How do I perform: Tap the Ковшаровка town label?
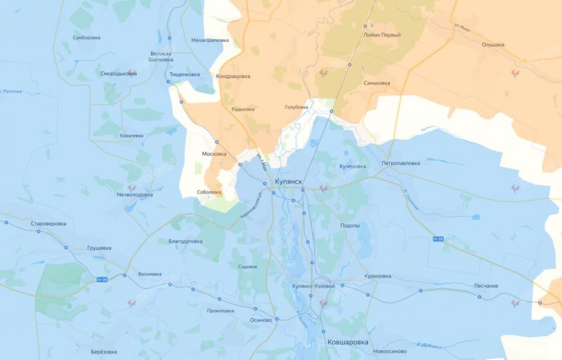click(347, 342)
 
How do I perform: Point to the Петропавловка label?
click(401, 163)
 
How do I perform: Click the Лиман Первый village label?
click(382, 35)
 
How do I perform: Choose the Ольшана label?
click(493, 45)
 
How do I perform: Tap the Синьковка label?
click(376, 83)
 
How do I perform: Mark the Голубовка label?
click(296, 107)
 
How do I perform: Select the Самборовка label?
click(87, 37)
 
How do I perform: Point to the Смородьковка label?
click(118, 73)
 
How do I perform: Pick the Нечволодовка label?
click(135, 194)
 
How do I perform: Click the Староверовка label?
click(48, 224)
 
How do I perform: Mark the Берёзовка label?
click(104, 352)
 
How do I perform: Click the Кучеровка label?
click(352, 166)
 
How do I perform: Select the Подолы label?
click(350, 226)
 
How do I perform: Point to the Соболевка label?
click(209, 192)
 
